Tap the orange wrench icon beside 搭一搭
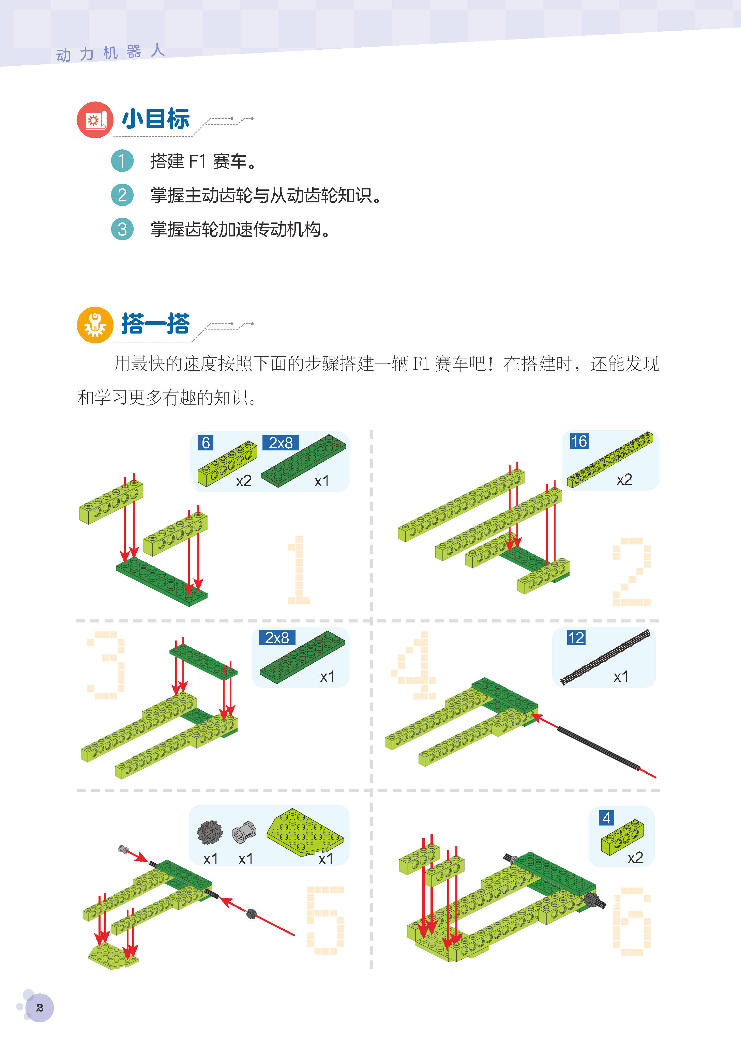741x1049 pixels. pos(95,325)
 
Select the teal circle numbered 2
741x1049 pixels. pos(122,195)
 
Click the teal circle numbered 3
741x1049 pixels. pos(122,229)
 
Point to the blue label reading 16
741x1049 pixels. pos(579,441)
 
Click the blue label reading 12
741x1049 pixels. pos(576,638)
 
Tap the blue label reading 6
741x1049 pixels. pos(206,443)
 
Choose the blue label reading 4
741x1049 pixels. pos(606,818)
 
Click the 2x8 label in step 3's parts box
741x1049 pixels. pos(277,638)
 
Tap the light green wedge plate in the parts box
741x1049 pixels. pos(304,832)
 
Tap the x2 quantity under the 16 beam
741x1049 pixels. pos(624,480)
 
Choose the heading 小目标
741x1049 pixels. pos(155,119)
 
